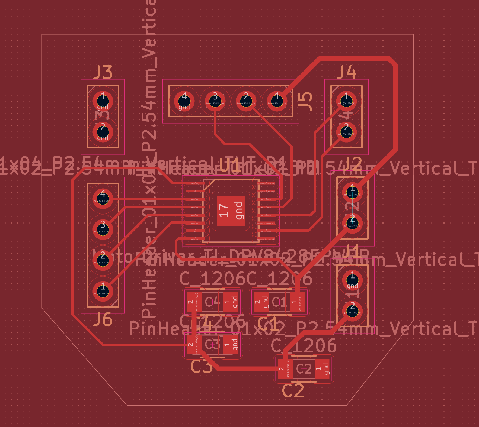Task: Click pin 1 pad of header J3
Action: [x=103, y=101]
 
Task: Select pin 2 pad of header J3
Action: [x=103, y=132]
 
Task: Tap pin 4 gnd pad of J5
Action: [x=184, y=101]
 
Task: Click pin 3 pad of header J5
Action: [x=215, y=101]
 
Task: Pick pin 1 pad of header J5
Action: [x=277, y=101]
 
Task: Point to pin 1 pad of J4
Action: [x=346, y=101]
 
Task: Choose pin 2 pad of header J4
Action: [x=346, y=132]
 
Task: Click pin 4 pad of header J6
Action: [x=103, y=199]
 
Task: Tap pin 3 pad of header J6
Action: [x=103, y=229]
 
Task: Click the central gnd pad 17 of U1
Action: [x=231, y=211]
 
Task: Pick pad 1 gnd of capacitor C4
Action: [x=231, y=302]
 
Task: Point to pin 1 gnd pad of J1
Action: [x=352, y=280]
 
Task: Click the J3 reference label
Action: [x=103, y=73]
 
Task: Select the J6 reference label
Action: [x=103, y=320]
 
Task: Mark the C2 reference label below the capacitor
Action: [x=293, y=391]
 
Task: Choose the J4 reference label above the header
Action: [x=346, y=73]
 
